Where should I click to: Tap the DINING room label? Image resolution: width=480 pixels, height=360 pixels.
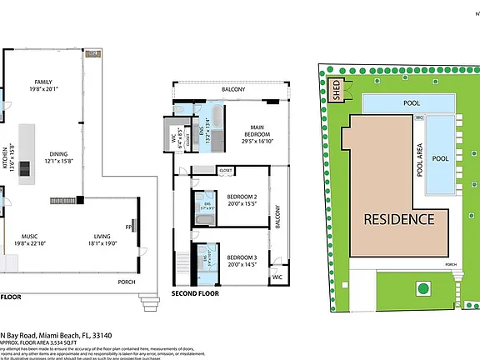point(58,154)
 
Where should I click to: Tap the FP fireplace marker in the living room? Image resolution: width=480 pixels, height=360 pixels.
point(129,226)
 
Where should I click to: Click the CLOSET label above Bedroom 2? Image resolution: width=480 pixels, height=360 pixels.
point(226,170)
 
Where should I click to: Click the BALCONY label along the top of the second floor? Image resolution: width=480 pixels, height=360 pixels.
point(233,89)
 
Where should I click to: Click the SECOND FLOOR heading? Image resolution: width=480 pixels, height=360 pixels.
point(196,294)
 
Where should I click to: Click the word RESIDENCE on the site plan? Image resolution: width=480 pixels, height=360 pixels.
point(398,219)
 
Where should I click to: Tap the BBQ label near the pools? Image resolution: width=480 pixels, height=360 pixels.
point(442,118)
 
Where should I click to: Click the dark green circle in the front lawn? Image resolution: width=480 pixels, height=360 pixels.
point(423,289)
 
